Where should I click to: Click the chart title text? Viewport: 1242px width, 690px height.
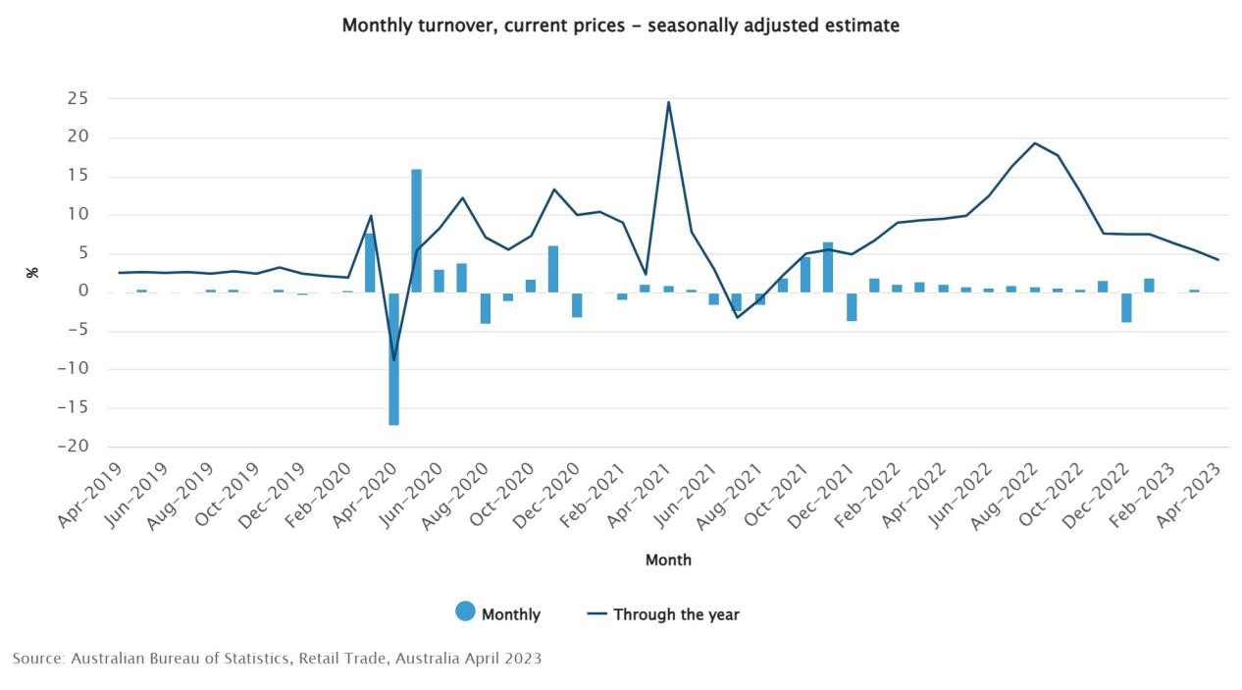point(620,26)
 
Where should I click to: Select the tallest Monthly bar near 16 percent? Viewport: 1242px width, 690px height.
point(416,231)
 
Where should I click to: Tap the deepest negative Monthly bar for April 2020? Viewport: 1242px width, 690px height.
point(393,358)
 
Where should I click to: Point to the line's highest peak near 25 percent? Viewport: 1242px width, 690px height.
point(668,102)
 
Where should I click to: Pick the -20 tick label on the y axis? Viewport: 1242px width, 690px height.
point(74,447)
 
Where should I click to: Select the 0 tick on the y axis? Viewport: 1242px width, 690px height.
point(84,292)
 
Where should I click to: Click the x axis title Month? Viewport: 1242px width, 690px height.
point(668,559)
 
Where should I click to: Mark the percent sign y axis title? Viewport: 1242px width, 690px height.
point(32,272)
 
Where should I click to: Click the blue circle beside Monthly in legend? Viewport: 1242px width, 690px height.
point(465,611)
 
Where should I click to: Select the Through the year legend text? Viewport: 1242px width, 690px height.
point(676,614)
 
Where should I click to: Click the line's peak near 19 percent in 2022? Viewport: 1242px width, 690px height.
point(1035,143)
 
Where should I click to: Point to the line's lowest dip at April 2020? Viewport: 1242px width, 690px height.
point(393,360)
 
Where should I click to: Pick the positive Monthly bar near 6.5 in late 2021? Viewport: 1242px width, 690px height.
point(828,267)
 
